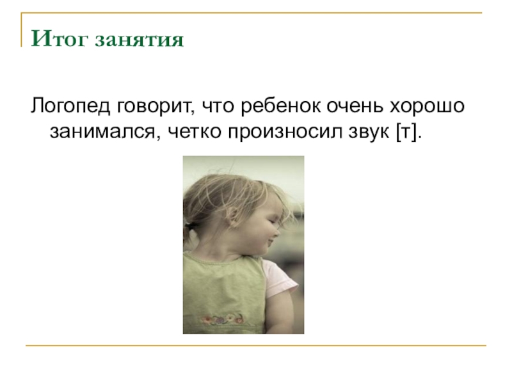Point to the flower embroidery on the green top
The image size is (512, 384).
tap(221, 318)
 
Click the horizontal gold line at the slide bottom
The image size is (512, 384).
tap(256, 346)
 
